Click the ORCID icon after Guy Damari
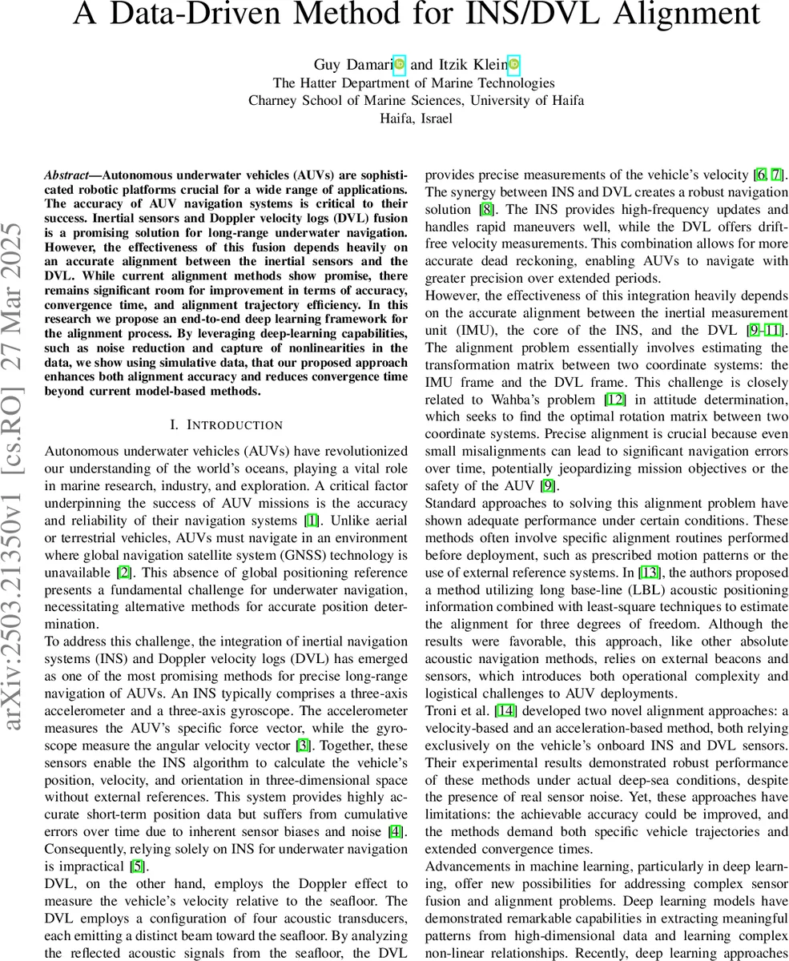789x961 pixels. point(400,64)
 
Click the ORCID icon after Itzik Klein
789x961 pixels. point(513,64)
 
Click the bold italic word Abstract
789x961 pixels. point(66,175)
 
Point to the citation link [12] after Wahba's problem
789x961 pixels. point(614,400)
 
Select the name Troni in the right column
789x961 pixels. point(441,710)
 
